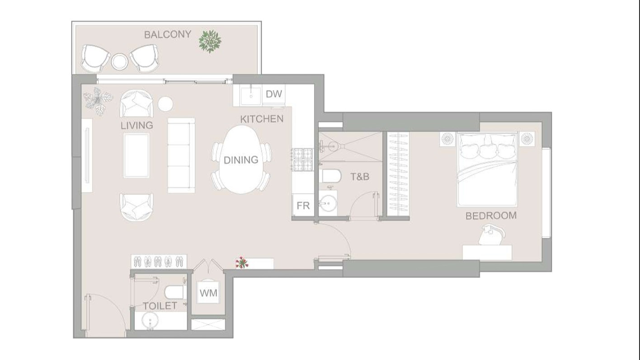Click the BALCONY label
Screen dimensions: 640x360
pyautogui.click(x=168, y=34)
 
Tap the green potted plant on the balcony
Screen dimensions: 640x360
pyautogui.click(x=210, y=42)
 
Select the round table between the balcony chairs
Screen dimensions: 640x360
pyautogui.click(x=119, y=61)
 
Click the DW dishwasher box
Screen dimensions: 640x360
pyautogui.click(x=273, y=94)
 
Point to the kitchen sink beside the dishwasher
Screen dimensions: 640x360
pyautogui.click(x=250, y=95)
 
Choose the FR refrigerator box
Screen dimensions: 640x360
pyautogui.click(x=303, y=205)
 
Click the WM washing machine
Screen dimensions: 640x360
pyautogui.click(x=208, y=293)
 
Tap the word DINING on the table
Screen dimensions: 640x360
pyautogui.click(x=241, y=160)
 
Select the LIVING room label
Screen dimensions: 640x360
pyautogui.click(x=137, y=125)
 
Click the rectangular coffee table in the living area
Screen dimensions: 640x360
pyautogui.click(x=136, y=155)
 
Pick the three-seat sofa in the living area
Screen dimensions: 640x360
pyautogui.click(x=181, y=155)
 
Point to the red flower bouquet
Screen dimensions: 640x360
pyautogui.click(x=242, y=262)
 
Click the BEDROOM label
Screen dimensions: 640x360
pyautogui.click(x=491, y=215)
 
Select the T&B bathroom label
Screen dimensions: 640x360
pyautogui.click(x=360, y=177)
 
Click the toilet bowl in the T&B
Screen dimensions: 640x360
pyautogui.click(x=331, y=176)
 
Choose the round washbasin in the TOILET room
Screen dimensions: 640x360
pyautogui.click(x=150, y=320)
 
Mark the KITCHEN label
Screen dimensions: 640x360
pyautogui.click(x=262, y=119)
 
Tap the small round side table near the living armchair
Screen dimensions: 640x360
pyautogui.click(x=165, y=104)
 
